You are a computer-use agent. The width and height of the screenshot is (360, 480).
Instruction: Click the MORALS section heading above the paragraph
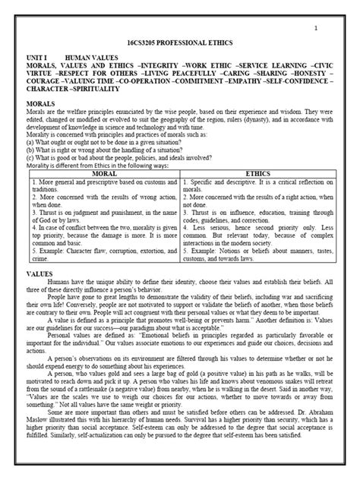click(x=43, y=101)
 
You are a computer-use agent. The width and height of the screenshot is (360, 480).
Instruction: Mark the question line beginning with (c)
click(x=114, y=159)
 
